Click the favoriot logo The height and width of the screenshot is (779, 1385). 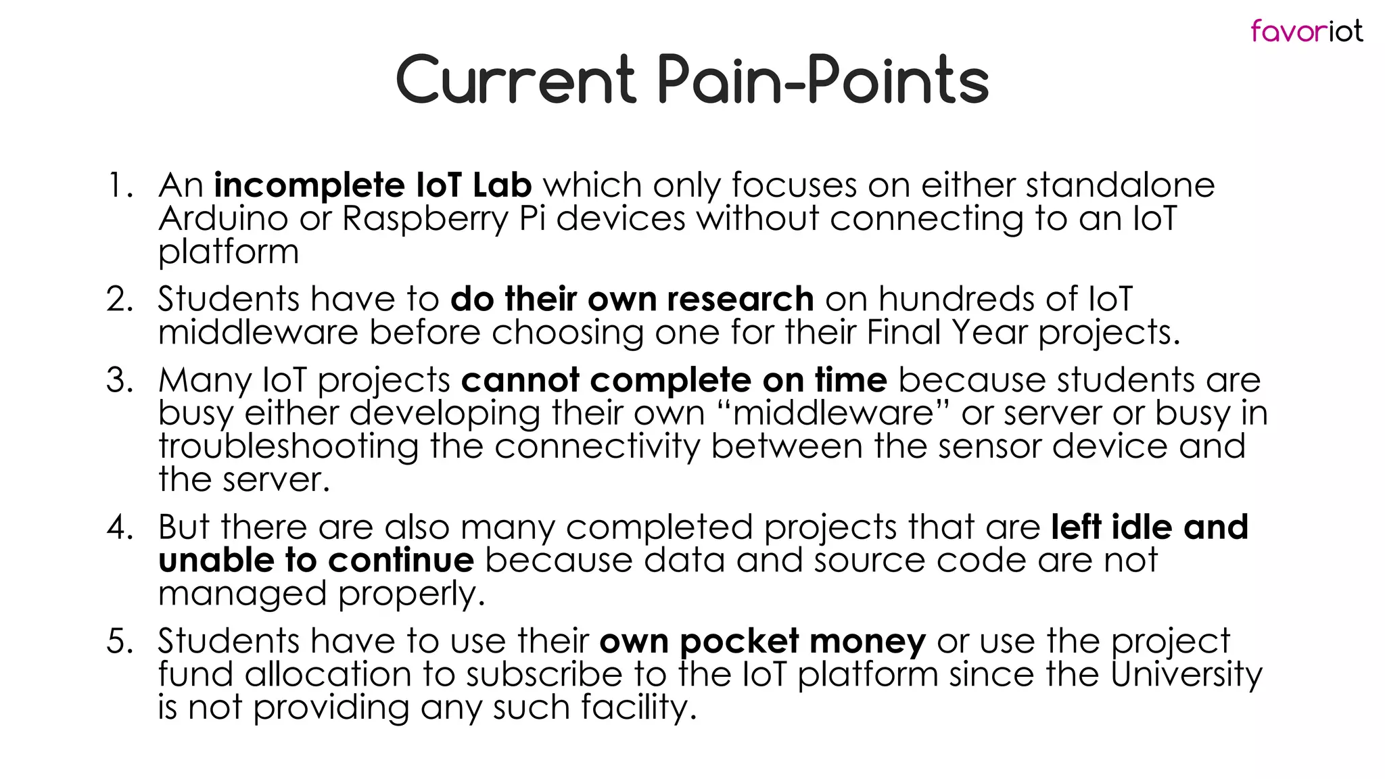[1306, 31]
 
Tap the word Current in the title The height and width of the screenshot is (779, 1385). [515, 81]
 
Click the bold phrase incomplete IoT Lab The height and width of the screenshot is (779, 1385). [373, 185]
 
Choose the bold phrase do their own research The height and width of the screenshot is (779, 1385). [632, 299]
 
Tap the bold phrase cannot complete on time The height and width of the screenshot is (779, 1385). [674, 380]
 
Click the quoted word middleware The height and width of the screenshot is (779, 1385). [833, 412]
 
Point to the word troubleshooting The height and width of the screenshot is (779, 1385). [288, 447]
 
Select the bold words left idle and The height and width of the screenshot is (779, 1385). [1149, 527]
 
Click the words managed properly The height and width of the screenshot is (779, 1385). [321, 594]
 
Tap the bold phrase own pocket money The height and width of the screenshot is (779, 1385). [762, 641]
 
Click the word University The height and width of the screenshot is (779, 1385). [1186, 675]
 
